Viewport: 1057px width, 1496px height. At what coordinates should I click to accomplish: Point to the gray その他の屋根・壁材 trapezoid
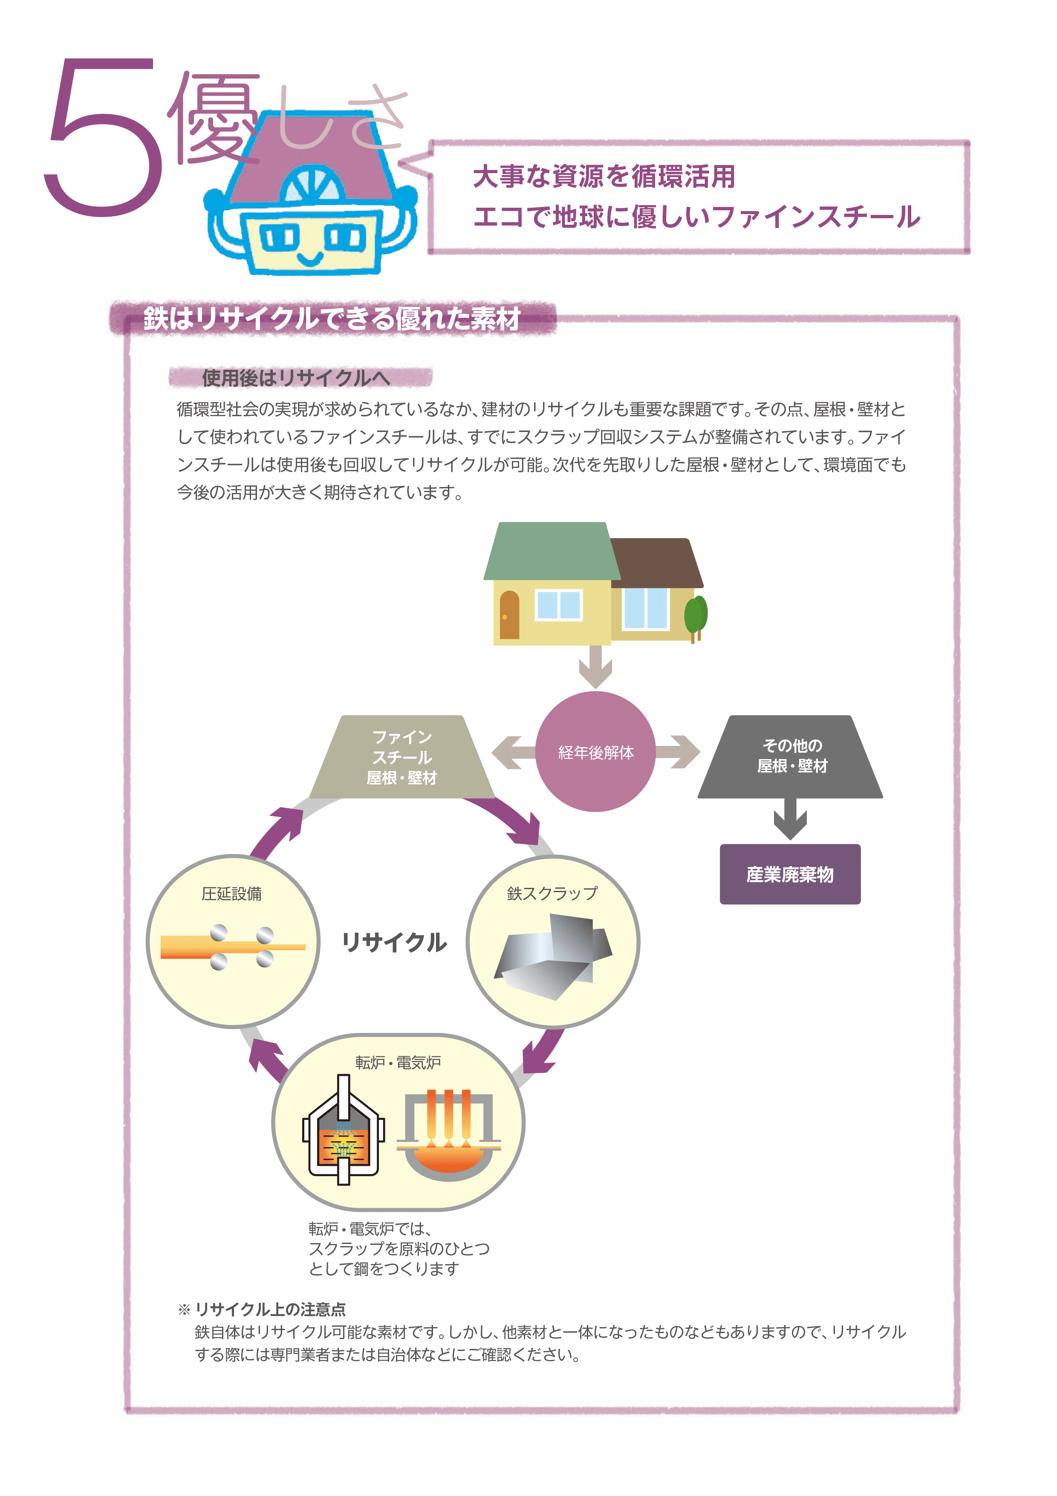tap(791, 757)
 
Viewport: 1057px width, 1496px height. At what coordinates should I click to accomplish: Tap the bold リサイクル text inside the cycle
tap(394, 942)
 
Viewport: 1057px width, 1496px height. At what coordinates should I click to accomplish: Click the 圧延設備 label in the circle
tap(232, 894)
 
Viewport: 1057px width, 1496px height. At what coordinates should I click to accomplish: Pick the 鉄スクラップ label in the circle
tap(552, 893)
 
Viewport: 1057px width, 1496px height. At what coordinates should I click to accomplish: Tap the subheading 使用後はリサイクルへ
tap(296, 377)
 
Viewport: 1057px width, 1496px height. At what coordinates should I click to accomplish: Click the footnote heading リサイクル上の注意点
tap(270, 1309)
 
